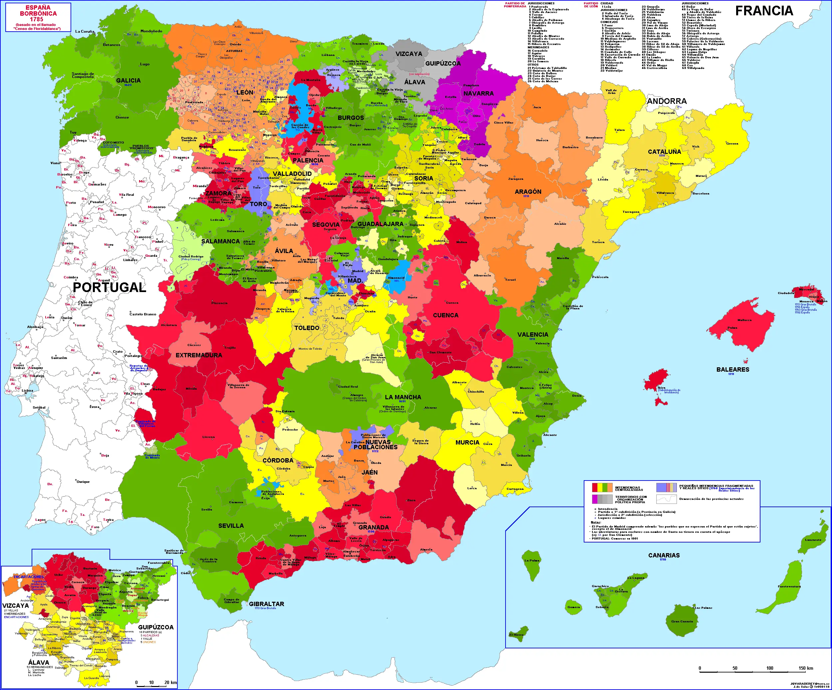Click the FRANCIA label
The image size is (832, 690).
(764, 11)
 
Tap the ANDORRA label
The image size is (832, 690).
(667, 102)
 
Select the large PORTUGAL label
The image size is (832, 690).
(109, 287)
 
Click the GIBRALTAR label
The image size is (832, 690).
(266, 604)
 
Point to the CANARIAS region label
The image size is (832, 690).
(664, 555)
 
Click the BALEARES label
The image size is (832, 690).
(732, 370)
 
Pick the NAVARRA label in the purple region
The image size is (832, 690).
(479, 94)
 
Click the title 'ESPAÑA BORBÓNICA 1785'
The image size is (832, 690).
(38, 13)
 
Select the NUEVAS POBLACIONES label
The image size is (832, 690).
(376, 445)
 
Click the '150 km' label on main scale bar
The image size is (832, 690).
(805, 668)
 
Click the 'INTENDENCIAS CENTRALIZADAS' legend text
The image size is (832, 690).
(627, 489)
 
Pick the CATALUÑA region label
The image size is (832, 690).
(664, 152)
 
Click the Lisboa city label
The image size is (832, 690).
(27, 391)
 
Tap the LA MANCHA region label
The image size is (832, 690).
(403, 397)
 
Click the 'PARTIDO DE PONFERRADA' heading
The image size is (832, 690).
(515, 5)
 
